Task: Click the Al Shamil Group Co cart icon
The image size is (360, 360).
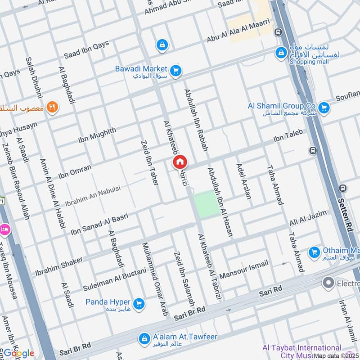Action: [323, 108]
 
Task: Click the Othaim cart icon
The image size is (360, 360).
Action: [314, 252]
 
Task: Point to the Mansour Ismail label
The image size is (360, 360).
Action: [244, 269]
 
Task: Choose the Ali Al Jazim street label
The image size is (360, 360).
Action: [308, 220]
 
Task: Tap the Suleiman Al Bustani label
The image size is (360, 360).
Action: [115, 279]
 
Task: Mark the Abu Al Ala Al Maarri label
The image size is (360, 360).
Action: [238, 31]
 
